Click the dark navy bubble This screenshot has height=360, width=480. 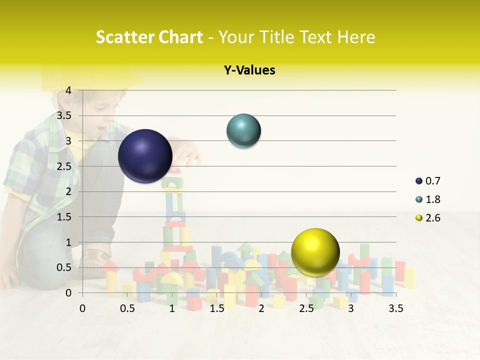(145, 156)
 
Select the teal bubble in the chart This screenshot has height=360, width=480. (244, 131)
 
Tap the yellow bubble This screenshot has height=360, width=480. (315, 252)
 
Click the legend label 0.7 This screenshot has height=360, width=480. (432, 181)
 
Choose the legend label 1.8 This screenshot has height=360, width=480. (432, 199)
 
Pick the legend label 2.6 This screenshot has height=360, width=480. (432, 218)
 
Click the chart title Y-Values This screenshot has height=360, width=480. (249, 70)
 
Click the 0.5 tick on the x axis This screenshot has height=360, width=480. (127, 309)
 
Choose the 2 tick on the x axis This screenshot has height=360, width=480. (261, 309)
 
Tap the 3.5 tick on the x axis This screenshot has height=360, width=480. (395, 309)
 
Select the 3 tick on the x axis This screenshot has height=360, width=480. (351, 309)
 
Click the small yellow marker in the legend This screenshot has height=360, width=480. (419, 218)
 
